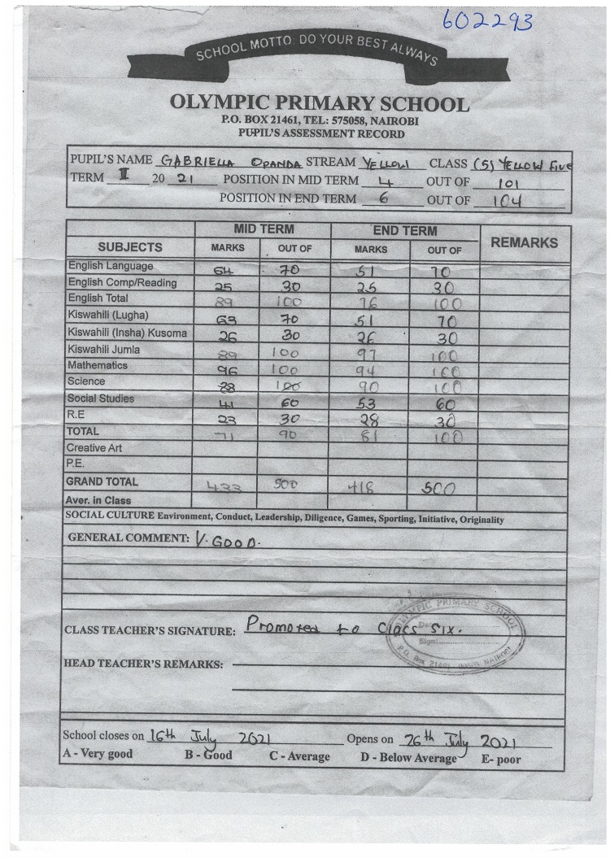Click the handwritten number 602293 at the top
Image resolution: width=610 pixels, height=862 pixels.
click(x=487, y=20)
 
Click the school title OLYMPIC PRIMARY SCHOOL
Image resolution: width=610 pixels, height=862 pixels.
click(x=320, y=104)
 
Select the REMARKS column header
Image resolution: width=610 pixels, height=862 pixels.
click(x=525, y=242)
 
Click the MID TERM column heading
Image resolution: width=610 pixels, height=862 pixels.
click(x=264, y=230)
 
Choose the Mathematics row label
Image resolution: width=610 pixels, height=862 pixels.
click(x=98, y=366)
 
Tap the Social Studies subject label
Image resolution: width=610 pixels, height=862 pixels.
click(x=101, y=399)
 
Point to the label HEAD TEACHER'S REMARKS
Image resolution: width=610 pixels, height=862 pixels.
click(x=142, y=664)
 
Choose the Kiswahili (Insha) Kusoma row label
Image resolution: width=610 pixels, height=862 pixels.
click(x=127, y=333)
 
